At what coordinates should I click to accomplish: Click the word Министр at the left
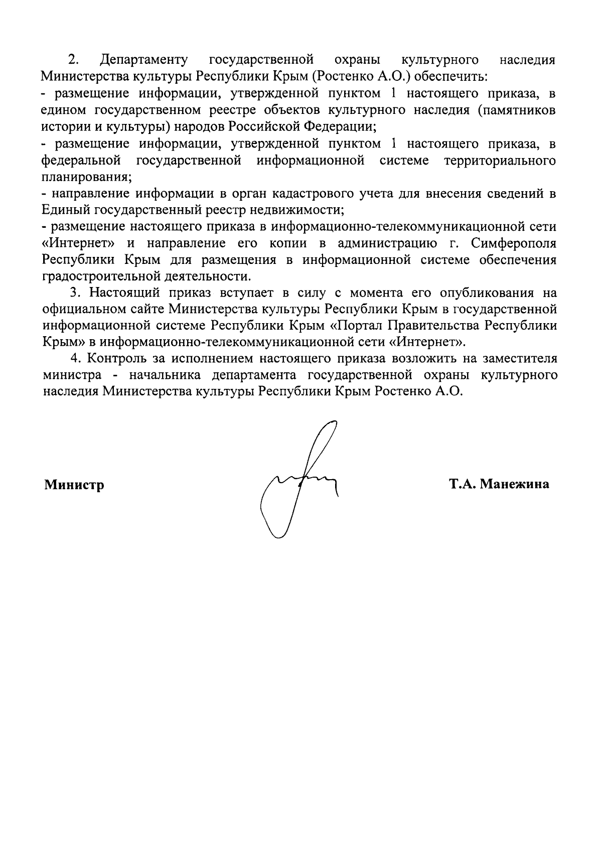click(x=74, y=485)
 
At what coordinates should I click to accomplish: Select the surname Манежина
click(x=515, y=484)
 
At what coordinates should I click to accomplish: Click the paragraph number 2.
click(x=74, y=60)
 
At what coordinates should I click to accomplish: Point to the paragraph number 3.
click(x=74, y=293)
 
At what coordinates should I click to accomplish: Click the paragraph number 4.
click(x=74, y=359)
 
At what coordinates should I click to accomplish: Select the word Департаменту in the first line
click(x=144, y=61)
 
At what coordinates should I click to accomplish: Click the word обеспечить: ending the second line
click(x=452, y=77)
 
